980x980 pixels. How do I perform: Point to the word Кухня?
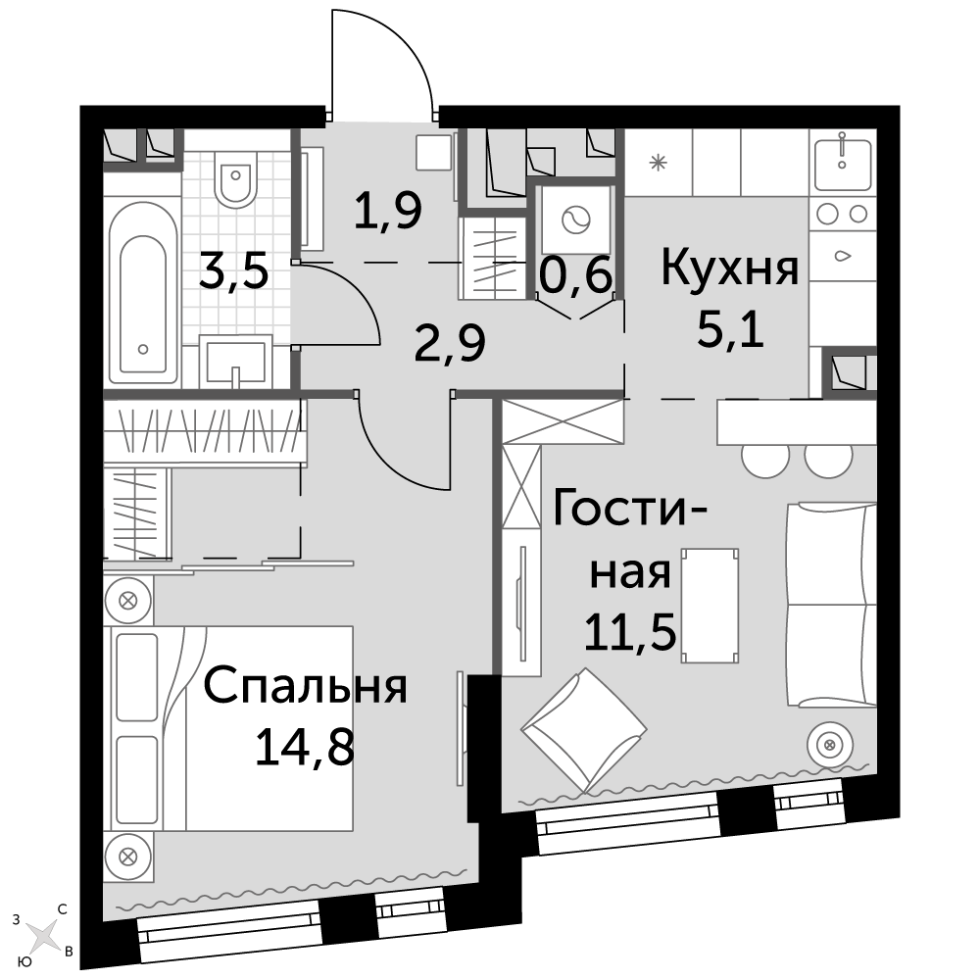pos(730,269)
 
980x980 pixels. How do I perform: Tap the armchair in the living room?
pos(584,731)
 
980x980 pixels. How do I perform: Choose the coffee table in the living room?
pos(710,605)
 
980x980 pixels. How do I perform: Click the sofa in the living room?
pos(831,605)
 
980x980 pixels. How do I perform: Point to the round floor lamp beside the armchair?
pos(829,745)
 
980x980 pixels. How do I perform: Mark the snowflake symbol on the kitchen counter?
pos(659,163)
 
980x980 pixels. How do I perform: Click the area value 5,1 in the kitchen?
pos(730,330)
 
